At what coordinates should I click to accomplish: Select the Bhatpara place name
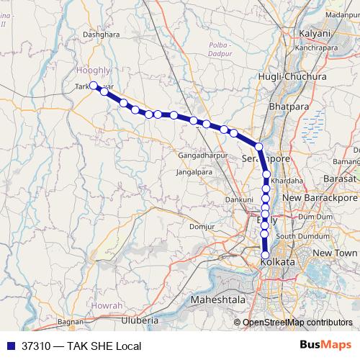pos(288,107)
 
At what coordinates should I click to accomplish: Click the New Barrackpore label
pos(320,197)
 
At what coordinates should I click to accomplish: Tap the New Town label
pos(335,253)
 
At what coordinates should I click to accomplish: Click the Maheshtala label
pos(217,299)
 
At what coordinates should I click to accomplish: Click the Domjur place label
pos(202,227)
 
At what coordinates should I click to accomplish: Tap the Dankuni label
pos(240,199)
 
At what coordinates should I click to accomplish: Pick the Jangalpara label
pos(192,173)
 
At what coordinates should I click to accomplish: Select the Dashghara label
pos(100,33)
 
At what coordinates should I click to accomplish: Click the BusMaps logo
pos(326,345)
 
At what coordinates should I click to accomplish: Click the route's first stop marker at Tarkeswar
pos(94,85)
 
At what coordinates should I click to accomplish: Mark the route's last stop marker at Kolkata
pos(265,255)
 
